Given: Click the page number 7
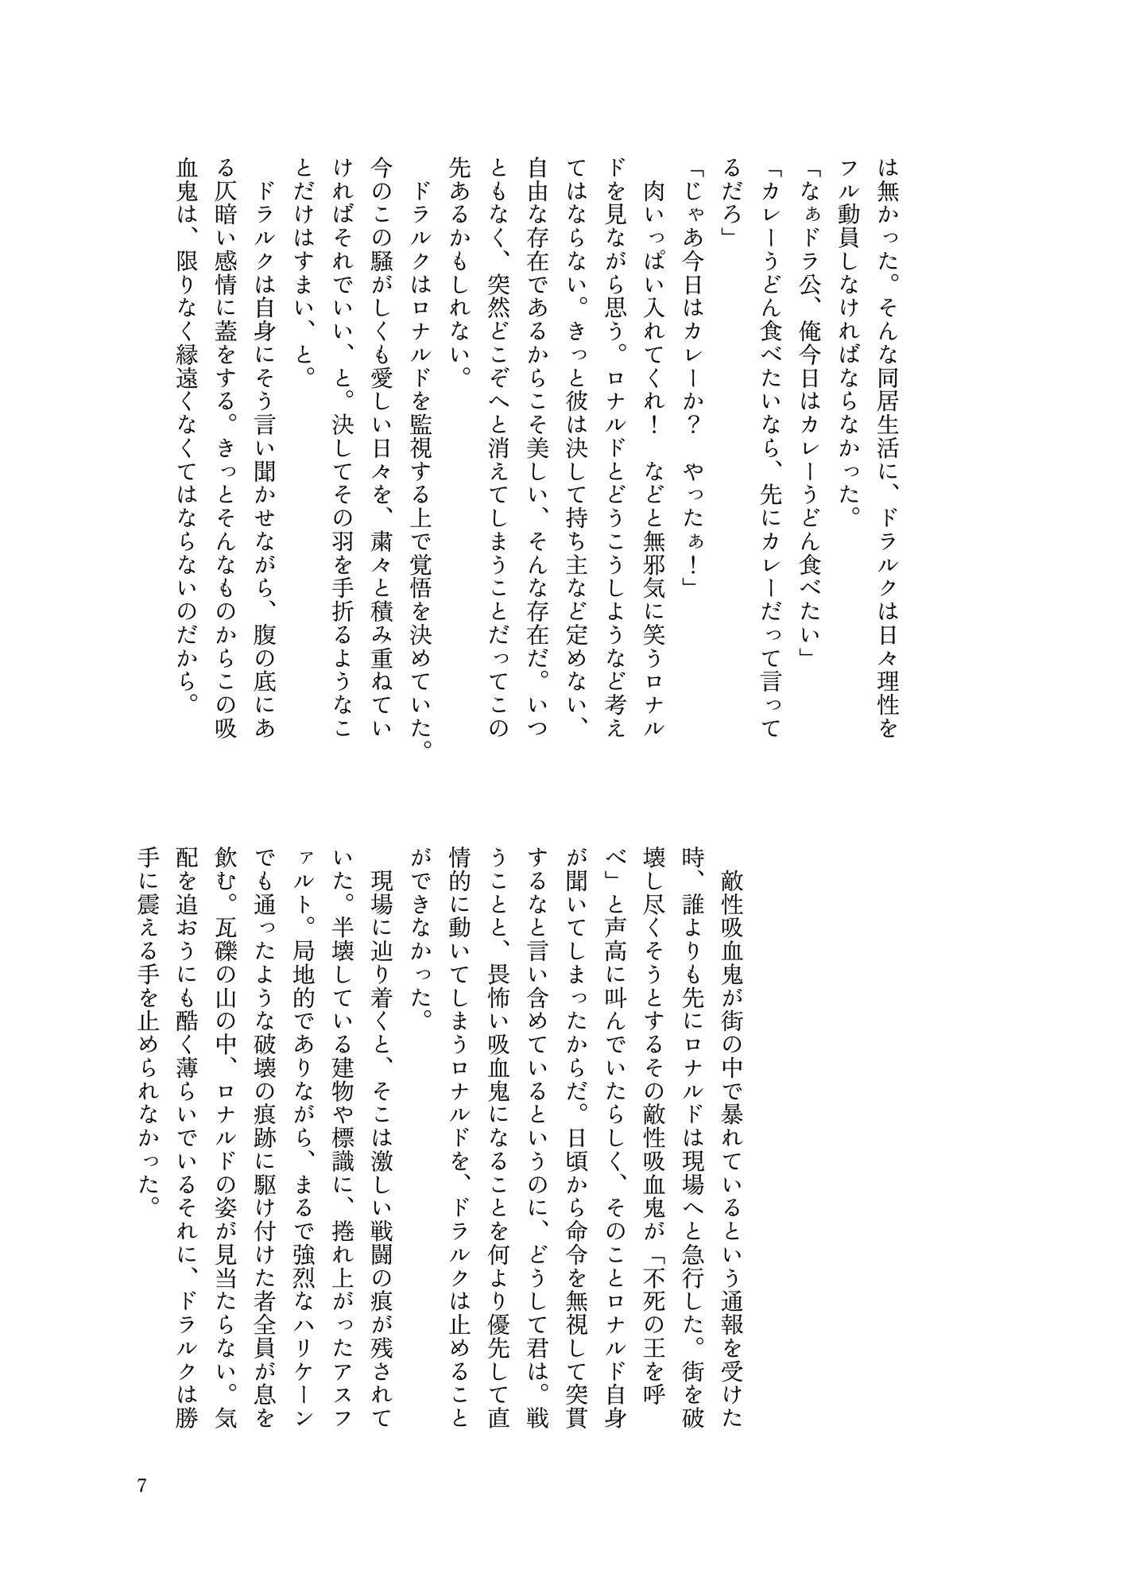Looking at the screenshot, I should tap(141, 1486).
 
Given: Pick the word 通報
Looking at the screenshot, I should tap(729, 1304).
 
